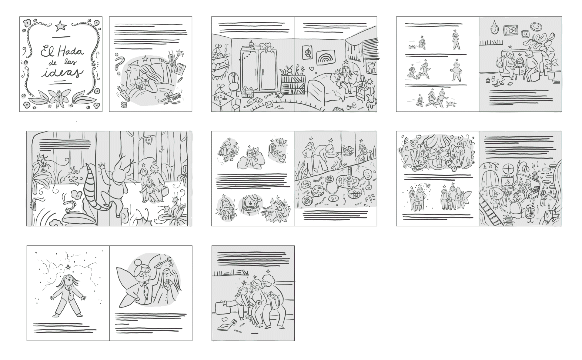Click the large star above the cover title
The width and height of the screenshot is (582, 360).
(61, 25)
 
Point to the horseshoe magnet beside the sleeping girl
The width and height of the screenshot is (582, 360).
(119, 60)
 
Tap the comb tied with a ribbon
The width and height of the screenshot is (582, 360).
(171, 98)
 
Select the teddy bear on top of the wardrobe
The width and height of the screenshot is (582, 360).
(268, 46)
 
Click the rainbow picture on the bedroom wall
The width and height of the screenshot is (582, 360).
(324, 58)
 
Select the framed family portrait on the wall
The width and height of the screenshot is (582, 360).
(511, 30)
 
